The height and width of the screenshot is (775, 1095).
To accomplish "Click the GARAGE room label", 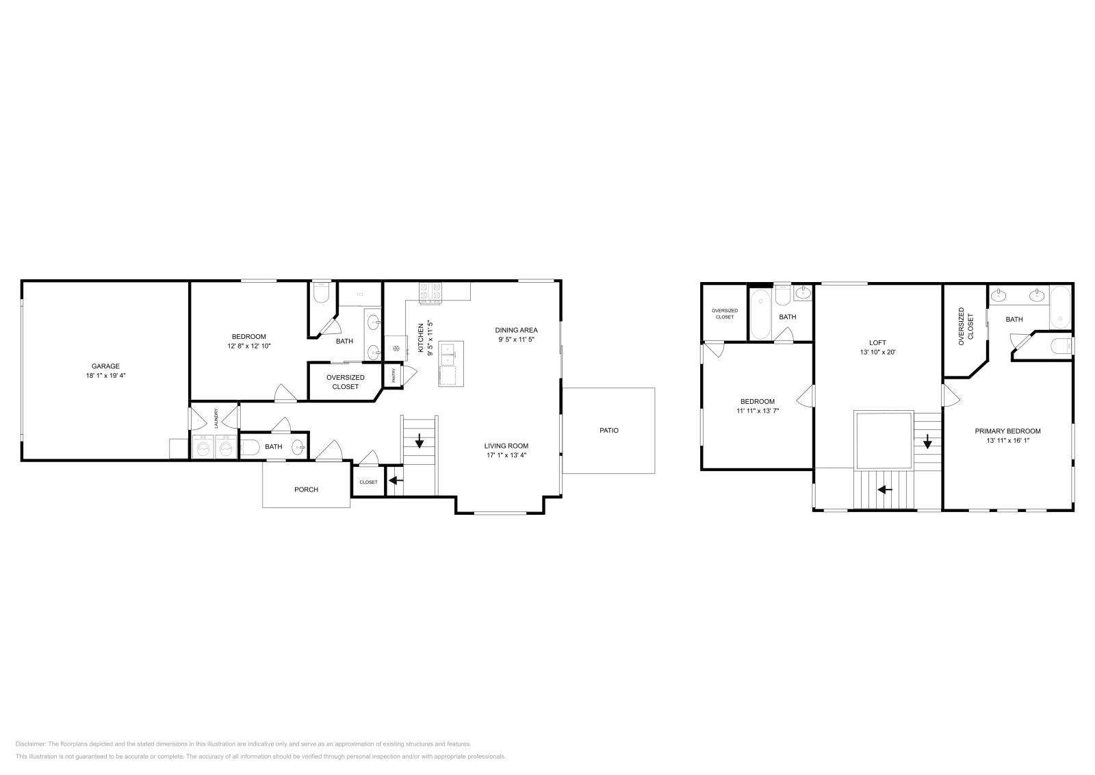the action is click(105, 366).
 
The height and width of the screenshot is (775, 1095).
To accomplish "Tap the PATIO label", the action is click(609, 430).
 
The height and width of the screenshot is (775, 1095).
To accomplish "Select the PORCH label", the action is click(306, 490).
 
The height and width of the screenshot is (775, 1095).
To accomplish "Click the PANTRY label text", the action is click(394, 376).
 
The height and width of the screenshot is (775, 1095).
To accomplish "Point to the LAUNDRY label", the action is click(216, 418).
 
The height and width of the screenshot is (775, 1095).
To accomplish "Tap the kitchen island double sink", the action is click(448, 355).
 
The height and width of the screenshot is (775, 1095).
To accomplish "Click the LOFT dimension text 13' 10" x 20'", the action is click(877, 352).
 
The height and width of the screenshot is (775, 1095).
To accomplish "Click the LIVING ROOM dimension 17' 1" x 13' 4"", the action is click(506, 455).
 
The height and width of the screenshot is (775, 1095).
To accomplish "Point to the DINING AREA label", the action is click(516, 330).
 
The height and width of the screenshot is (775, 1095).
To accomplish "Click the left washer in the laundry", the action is click(203, 447).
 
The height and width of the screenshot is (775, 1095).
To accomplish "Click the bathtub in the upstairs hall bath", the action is click(760, 314).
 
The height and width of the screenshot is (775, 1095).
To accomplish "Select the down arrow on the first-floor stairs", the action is click(420, 441).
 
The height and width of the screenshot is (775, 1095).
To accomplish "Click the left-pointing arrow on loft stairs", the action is click(885, 489).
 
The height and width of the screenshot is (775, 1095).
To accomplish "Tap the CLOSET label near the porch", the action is click(369, 482).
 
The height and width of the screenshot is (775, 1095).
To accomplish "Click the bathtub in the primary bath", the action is click(1060, 307).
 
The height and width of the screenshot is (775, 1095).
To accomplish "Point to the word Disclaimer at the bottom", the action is click(30, 744).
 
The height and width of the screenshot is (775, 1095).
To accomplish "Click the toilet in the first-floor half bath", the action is click(250, 447).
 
